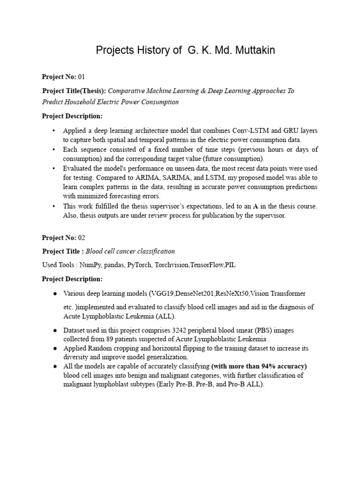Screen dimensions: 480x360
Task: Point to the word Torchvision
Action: [172, 265]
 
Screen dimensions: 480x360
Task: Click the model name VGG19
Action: [160, 293]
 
